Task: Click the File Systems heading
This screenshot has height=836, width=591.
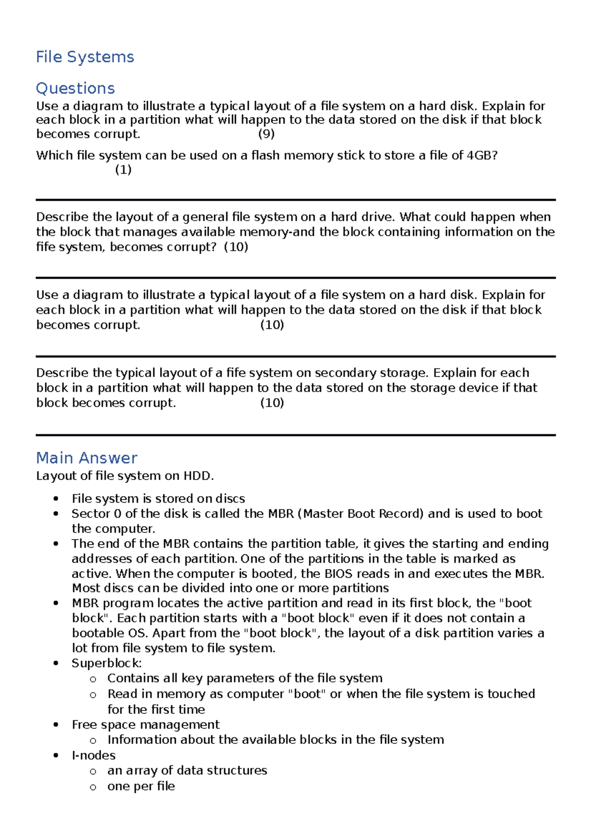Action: click(85, 57)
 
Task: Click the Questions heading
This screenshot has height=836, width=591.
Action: click(75, 89)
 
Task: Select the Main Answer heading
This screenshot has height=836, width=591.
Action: click(87, 458)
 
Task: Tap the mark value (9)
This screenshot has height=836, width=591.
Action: click(266, 134)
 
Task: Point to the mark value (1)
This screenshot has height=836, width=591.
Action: click(123, 170)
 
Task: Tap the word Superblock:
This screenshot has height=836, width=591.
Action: click(107, 663)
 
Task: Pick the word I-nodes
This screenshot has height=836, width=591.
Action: click(94, 755)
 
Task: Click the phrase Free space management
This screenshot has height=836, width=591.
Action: click(146, 725)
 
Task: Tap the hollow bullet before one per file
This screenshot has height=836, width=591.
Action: click(93, 787)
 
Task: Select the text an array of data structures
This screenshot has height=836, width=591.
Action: click(187, 771)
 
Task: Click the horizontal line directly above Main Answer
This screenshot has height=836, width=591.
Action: click(295, 435)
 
